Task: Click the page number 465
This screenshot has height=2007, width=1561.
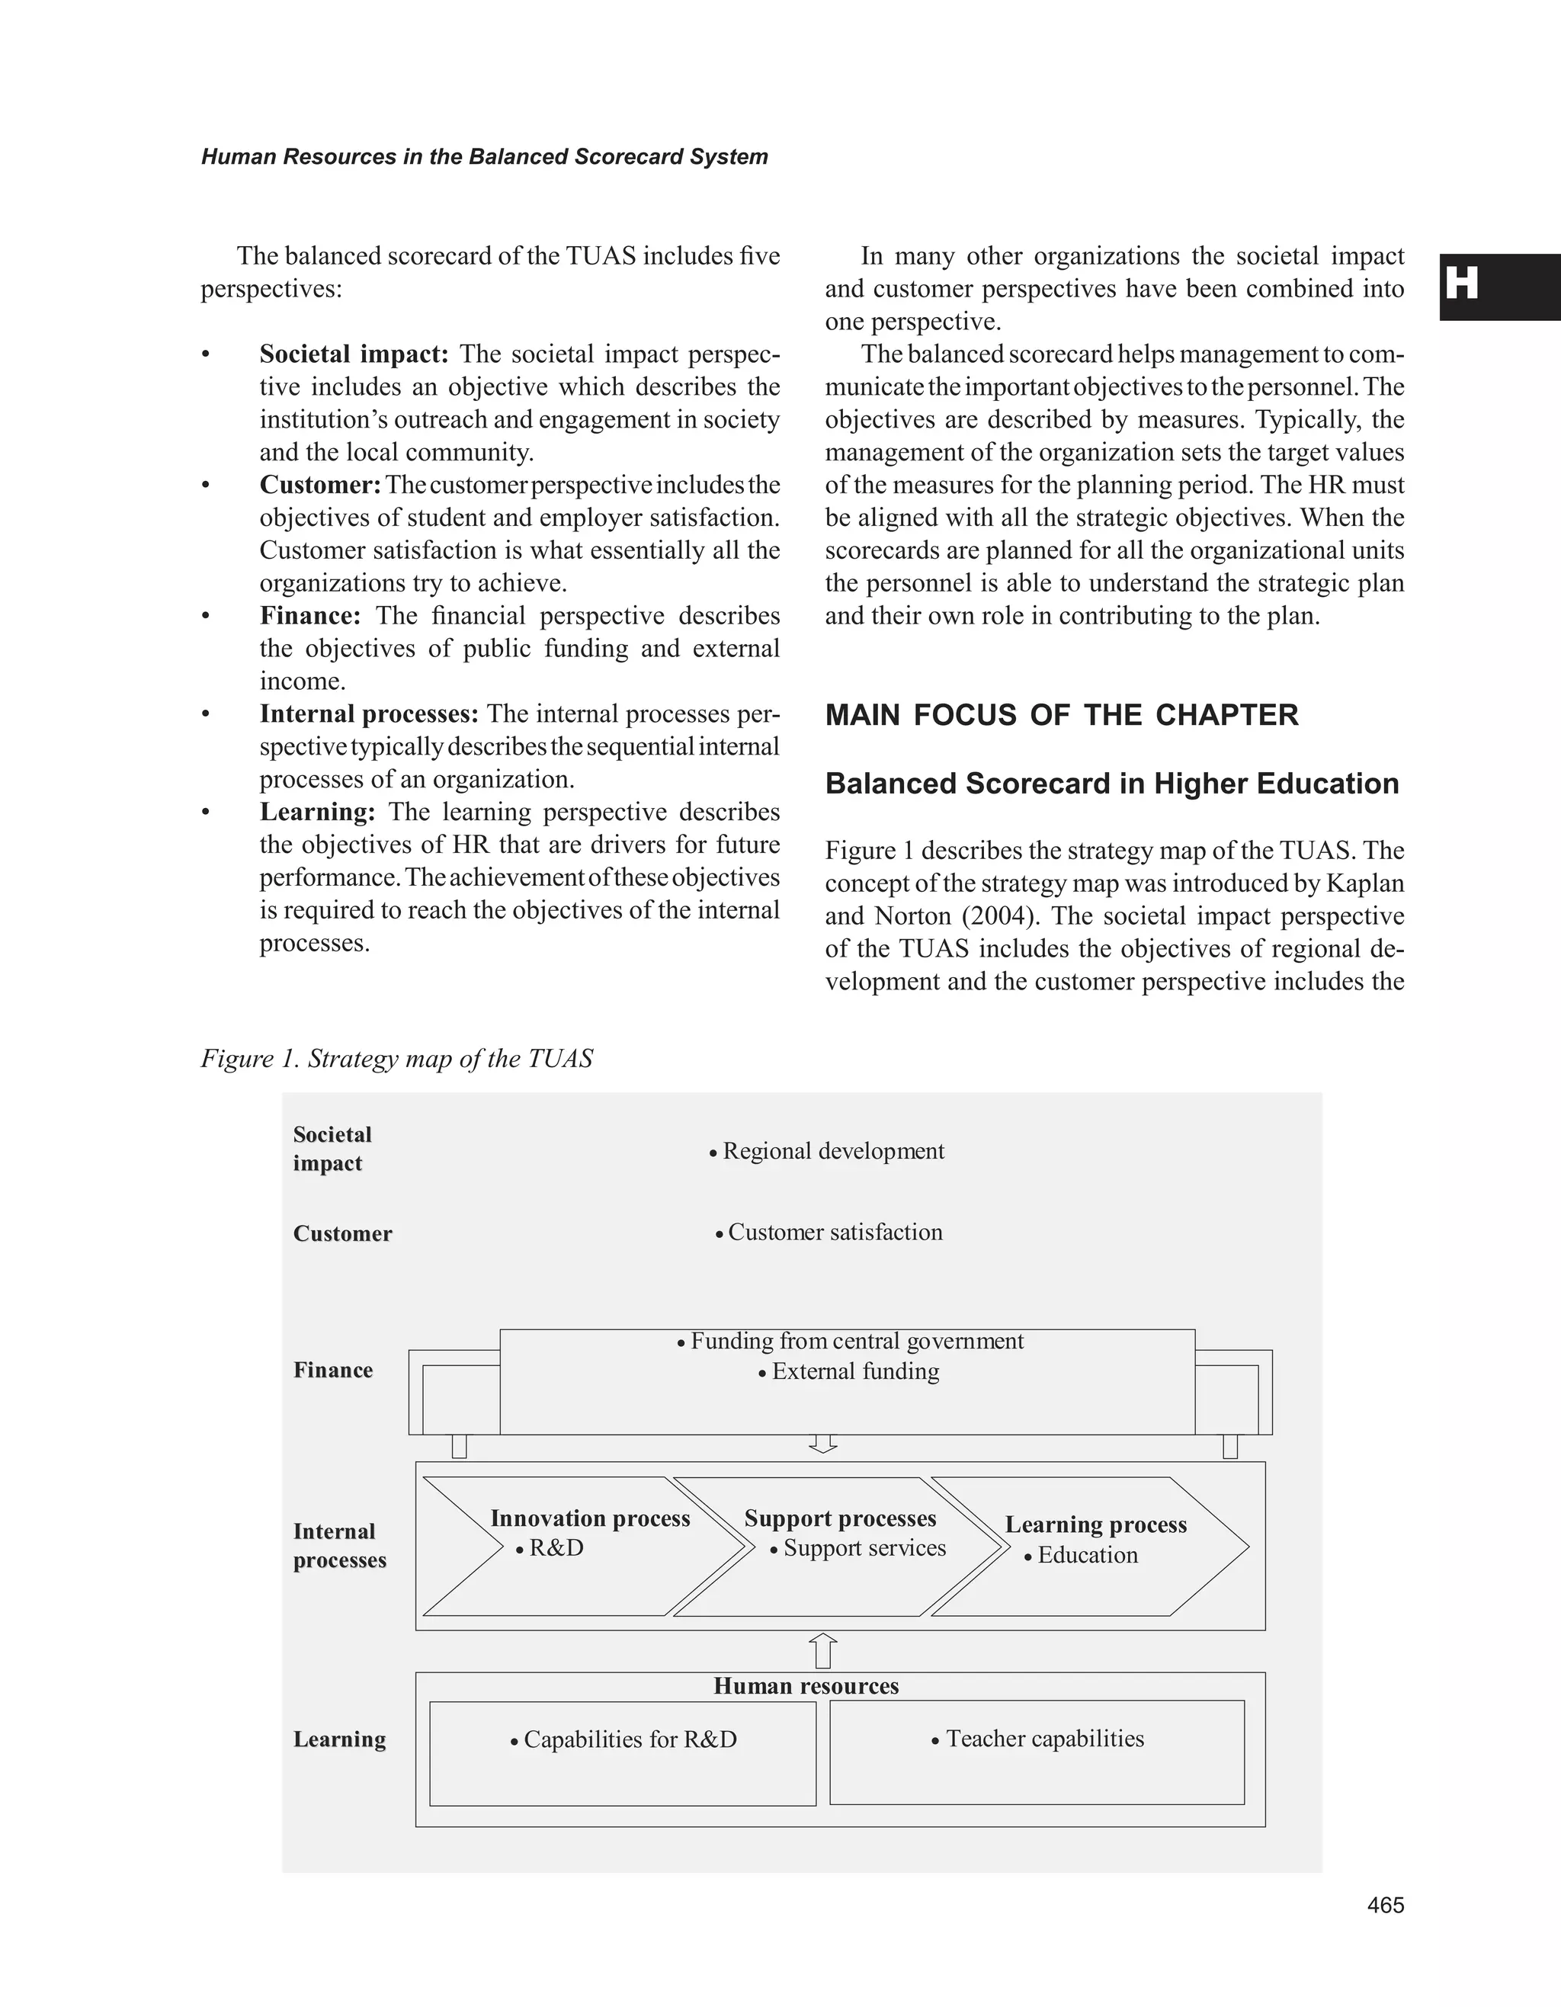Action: [1385, 1905]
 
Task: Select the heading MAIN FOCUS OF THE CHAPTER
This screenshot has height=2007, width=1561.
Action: [1061, 715]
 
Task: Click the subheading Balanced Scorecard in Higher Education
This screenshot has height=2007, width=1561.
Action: [1112, 784]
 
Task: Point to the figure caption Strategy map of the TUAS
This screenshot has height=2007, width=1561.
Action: [397, 1059]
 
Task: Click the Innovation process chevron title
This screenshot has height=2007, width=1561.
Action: [590, 1518]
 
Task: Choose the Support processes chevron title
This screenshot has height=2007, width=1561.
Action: [840, 1518]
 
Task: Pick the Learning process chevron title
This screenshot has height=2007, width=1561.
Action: [1095, 1524]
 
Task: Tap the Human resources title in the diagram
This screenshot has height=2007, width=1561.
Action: [806, 1686]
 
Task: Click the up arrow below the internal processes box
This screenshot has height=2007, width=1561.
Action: [824, 1650]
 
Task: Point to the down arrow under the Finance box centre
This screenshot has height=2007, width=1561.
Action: [823, 1444]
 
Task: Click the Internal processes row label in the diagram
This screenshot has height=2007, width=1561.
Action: [339, 1546]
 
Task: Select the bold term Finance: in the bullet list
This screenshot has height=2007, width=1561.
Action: [309, 616]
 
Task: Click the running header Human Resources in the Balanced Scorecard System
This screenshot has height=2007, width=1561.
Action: [484, 157]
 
